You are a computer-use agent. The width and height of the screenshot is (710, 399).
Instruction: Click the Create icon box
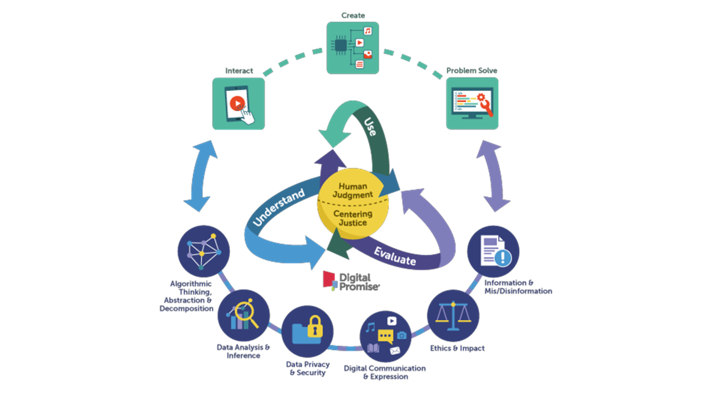pyautogui.click(x=353, y=48)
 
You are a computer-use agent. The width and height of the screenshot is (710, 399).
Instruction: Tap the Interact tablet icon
pyautogui.click(x=239, y=104)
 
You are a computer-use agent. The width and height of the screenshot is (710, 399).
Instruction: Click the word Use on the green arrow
pyautogui.click(x=371, y=127)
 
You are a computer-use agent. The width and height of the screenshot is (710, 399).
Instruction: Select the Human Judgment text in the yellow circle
pyautogui.click(x=353, y=191)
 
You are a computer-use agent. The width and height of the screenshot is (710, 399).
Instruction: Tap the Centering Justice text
pyautogui.click(x=353, y=218)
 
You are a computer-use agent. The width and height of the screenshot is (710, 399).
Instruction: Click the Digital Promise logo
pyautogui.click(x=351, y=280)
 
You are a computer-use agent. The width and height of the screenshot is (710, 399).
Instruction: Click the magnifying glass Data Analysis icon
pyautogui.click(x=244, y=315)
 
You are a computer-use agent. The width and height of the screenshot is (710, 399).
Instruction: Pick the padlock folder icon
pyautogui.click(x=307, y=331)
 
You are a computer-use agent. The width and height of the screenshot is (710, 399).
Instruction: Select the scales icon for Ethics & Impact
pyautogui.click(x=453, y=315)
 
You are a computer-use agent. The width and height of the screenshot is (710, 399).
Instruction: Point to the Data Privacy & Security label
pyautogui.click(x=308, y=369)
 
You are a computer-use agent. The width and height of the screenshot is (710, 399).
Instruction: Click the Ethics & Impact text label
pyautogui.click(x=458, y=348)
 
